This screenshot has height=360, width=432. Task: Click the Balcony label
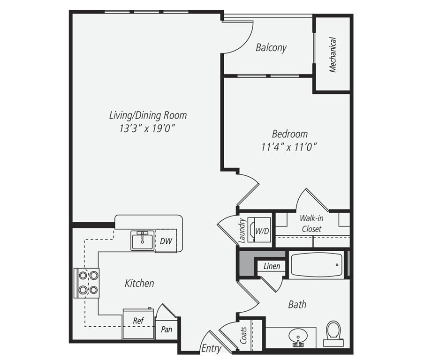pyautogui.click(x=271, y=48)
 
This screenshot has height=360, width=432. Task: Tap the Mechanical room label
pyautogui.click(x=333, y=54)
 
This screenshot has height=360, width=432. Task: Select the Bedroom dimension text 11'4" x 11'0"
pyautogui.click(x=288, y=147)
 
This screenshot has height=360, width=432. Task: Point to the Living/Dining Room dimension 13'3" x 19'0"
pyautogui.click(x=147, y=128)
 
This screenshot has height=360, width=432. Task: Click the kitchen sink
pyautogui.click(x=143, y=240)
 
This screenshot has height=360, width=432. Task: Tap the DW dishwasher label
pyautogui.click(x=166, y=241)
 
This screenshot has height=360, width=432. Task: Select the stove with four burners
pyautogui.click(x=86, y=283)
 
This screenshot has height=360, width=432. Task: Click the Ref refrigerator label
pyautogui.click(x=138, y=321)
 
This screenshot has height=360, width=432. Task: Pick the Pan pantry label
pyautogui.click(x=167, y=330)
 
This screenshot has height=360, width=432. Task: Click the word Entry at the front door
pyautogui.click(x=212, y=348)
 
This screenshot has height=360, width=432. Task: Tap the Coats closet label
pyautogui.click(x=243, y=336)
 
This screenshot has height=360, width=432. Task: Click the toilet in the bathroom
pyautogui.click(x=333, y=333)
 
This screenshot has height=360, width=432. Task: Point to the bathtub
pyautogui.click(x=317, y=265)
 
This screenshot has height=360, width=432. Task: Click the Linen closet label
pyautogui.click(x=272, y=266)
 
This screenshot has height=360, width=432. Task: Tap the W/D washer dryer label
pyautogui.click(x=262, y=231)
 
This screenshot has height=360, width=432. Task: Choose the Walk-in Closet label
pyautogui.click(x=311, y=224)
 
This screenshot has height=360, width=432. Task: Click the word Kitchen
pyautogui.click(x=139, y=283)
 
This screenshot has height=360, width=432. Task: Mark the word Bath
pyautogui.click(x=297, y=304)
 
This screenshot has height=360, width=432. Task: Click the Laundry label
pyautogui.click(x=242, y=231)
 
